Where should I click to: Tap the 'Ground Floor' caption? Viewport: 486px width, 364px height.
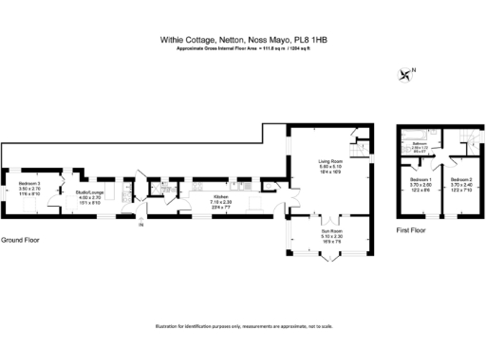[x=20, y=240]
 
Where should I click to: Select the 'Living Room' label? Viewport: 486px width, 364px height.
[x=329, y=162]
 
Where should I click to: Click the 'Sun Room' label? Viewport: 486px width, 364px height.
[x=329, y=231]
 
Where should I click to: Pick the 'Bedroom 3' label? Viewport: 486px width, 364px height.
[x=30, y=183]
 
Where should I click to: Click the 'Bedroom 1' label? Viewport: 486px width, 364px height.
[x=421, y=179]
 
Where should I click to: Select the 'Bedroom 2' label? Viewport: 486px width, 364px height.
[x=461, y=179]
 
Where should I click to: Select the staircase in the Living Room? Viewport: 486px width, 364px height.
[x=358, y=150]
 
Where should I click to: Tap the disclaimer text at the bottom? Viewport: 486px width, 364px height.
[x=243, y=328]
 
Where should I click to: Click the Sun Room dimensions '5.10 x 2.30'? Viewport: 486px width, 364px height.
[x=329, y=236]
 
